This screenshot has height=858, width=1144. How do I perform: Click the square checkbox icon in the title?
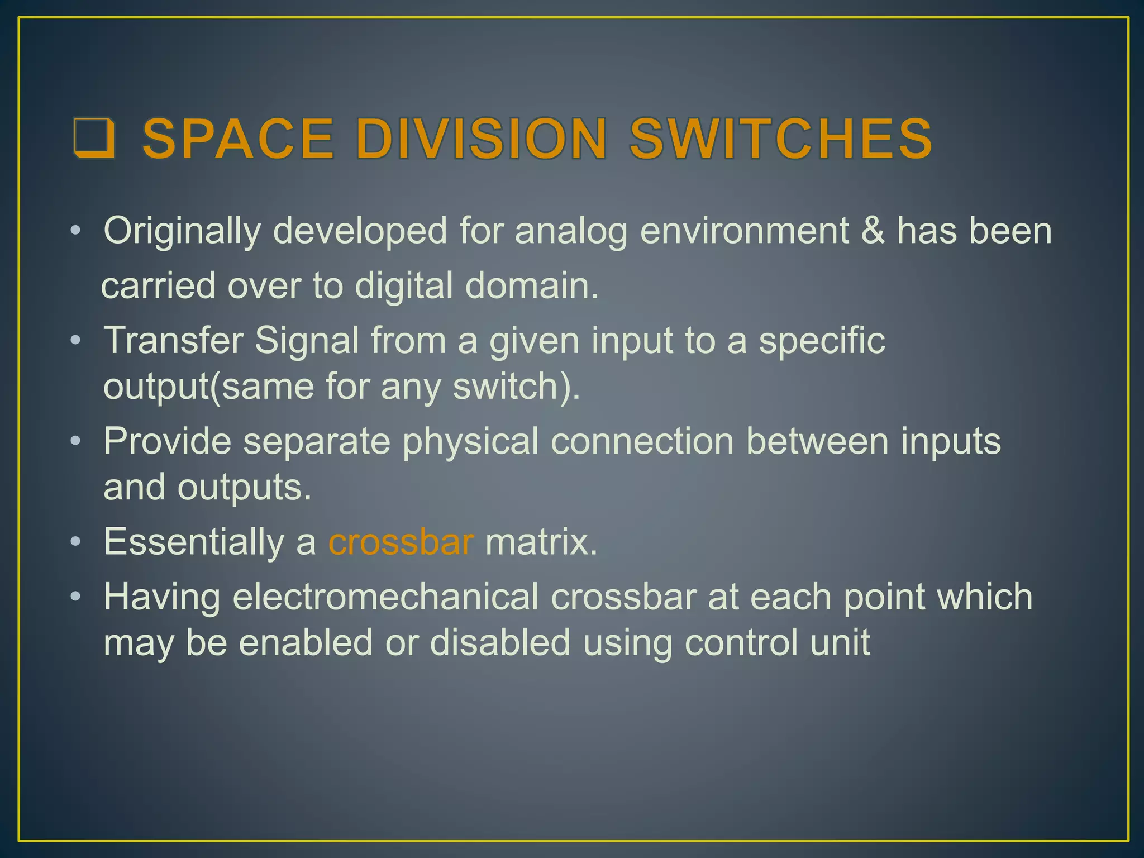coord(94,139)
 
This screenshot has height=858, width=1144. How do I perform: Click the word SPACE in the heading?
coord(239,139)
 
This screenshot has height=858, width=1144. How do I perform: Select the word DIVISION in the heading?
coord(481,139)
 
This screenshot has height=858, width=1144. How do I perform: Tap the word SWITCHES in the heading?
coord(781,139)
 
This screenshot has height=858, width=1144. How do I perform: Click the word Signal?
coord(307,341)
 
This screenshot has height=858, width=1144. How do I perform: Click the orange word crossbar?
coord(401,542)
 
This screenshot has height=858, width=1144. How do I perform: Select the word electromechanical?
coord(385,597)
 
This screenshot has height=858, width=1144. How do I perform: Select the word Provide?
coord(167,441)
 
